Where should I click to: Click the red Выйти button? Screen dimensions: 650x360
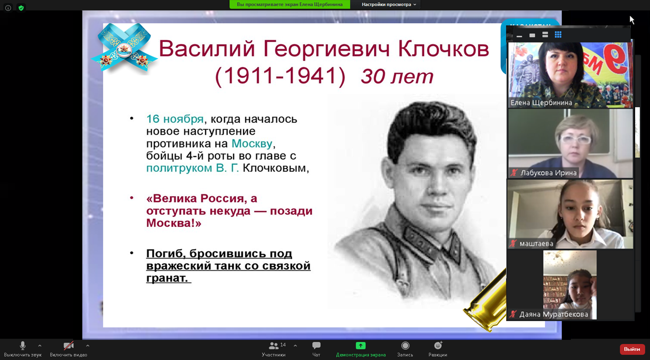[x=632, y=349]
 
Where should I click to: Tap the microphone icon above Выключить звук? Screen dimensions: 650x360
[x=23, y=346]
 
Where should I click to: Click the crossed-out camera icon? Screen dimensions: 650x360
[x=69, y=346]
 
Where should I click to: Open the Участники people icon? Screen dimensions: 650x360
[x=273, y=346]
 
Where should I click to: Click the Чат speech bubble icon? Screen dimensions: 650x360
[x=316, y=346]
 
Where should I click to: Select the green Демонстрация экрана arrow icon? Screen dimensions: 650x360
[x=361, y=346]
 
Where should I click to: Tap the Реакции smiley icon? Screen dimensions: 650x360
[x=438, y=346]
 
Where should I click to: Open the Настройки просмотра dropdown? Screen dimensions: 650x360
[x=389, y=4]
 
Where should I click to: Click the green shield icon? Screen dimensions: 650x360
[x=21, y=8]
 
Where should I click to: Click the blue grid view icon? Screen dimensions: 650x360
[x=558, y=35]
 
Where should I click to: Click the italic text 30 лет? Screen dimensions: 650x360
[x=397, y=76]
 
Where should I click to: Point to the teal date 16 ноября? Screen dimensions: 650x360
[x=175, y=119]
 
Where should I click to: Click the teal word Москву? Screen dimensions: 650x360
[x=252, y=143]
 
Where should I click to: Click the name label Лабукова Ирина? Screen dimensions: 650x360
[x=549, y=173]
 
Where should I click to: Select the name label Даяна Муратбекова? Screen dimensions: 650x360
[x=554, y=315]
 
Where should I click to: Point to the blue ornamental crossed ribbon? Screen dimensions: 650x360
[x=124, y=47]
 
